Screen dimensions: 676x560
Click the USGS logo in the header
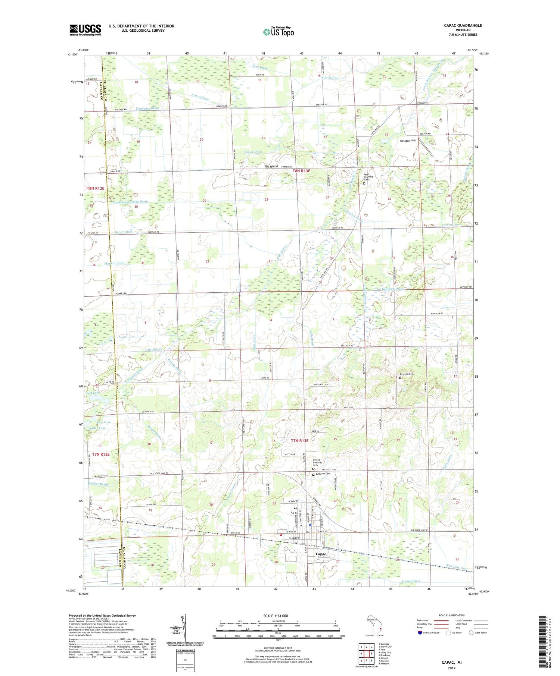[x=85, y=30]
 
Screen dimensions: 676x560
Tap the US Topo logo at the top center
[x=278, y=32]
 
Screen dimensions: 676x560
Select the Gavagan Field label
[x=408, y=141]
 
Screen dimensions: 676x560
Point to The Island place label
[x=271, y=166]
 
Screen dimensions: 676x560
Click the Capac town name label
[x=321, y=554]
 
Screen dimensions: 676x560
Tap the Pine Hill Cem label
[x=407, y=374]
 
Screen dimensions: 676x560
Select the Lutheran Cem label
[x=323, y=474]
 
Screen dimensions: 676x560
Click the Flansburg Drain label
[x=147, y=108]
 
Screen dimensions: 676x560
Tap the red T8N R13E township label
[x=301, y=170]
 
